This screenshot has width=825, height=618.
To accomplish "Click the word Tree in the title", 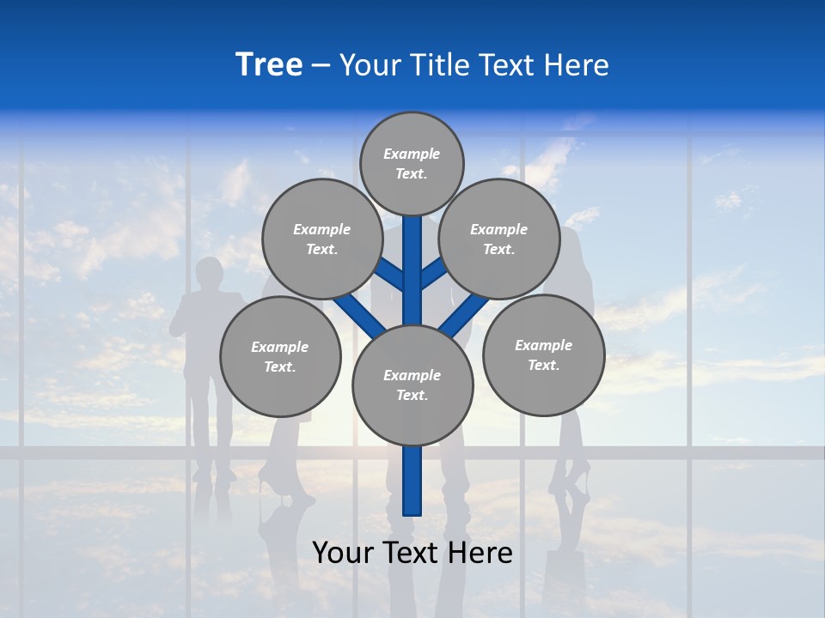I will click(x=269, y=65).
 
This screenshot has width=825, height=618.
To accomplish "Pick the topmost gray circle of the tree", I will click(x=412, y=163).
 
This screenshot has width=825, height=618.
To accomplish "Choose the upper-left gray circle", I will click(x=322, y=239).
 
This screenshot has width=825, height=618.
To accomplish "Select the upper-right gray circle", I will click(x=498, y=239).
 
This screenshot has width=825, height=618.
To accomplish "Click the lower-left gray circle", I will click(x=280, y=356).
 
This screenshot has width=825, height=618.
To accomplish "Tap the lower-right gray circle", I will click(x=543, y=354).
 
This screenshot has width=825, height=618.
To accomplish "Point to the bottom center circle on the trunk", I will click(x=412, y=385).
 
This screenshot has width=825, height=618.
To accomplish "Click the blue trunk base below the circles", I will click(x=412, y=481).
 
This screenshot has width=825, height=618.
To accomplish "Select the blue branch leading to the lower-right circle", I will click(x=464, y=315).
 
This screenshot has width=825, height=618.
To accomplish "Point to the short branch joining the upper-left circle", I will click(x=392, y=275).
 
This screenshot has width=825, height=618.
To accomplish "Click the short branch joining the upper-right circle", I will click(x=432, y=274).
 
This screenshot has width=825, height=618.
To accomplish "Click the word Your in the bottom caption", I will click(x=343, y=553).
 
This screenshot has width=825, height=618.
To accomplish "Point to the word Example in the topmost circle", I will click(x=412, y=154).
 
